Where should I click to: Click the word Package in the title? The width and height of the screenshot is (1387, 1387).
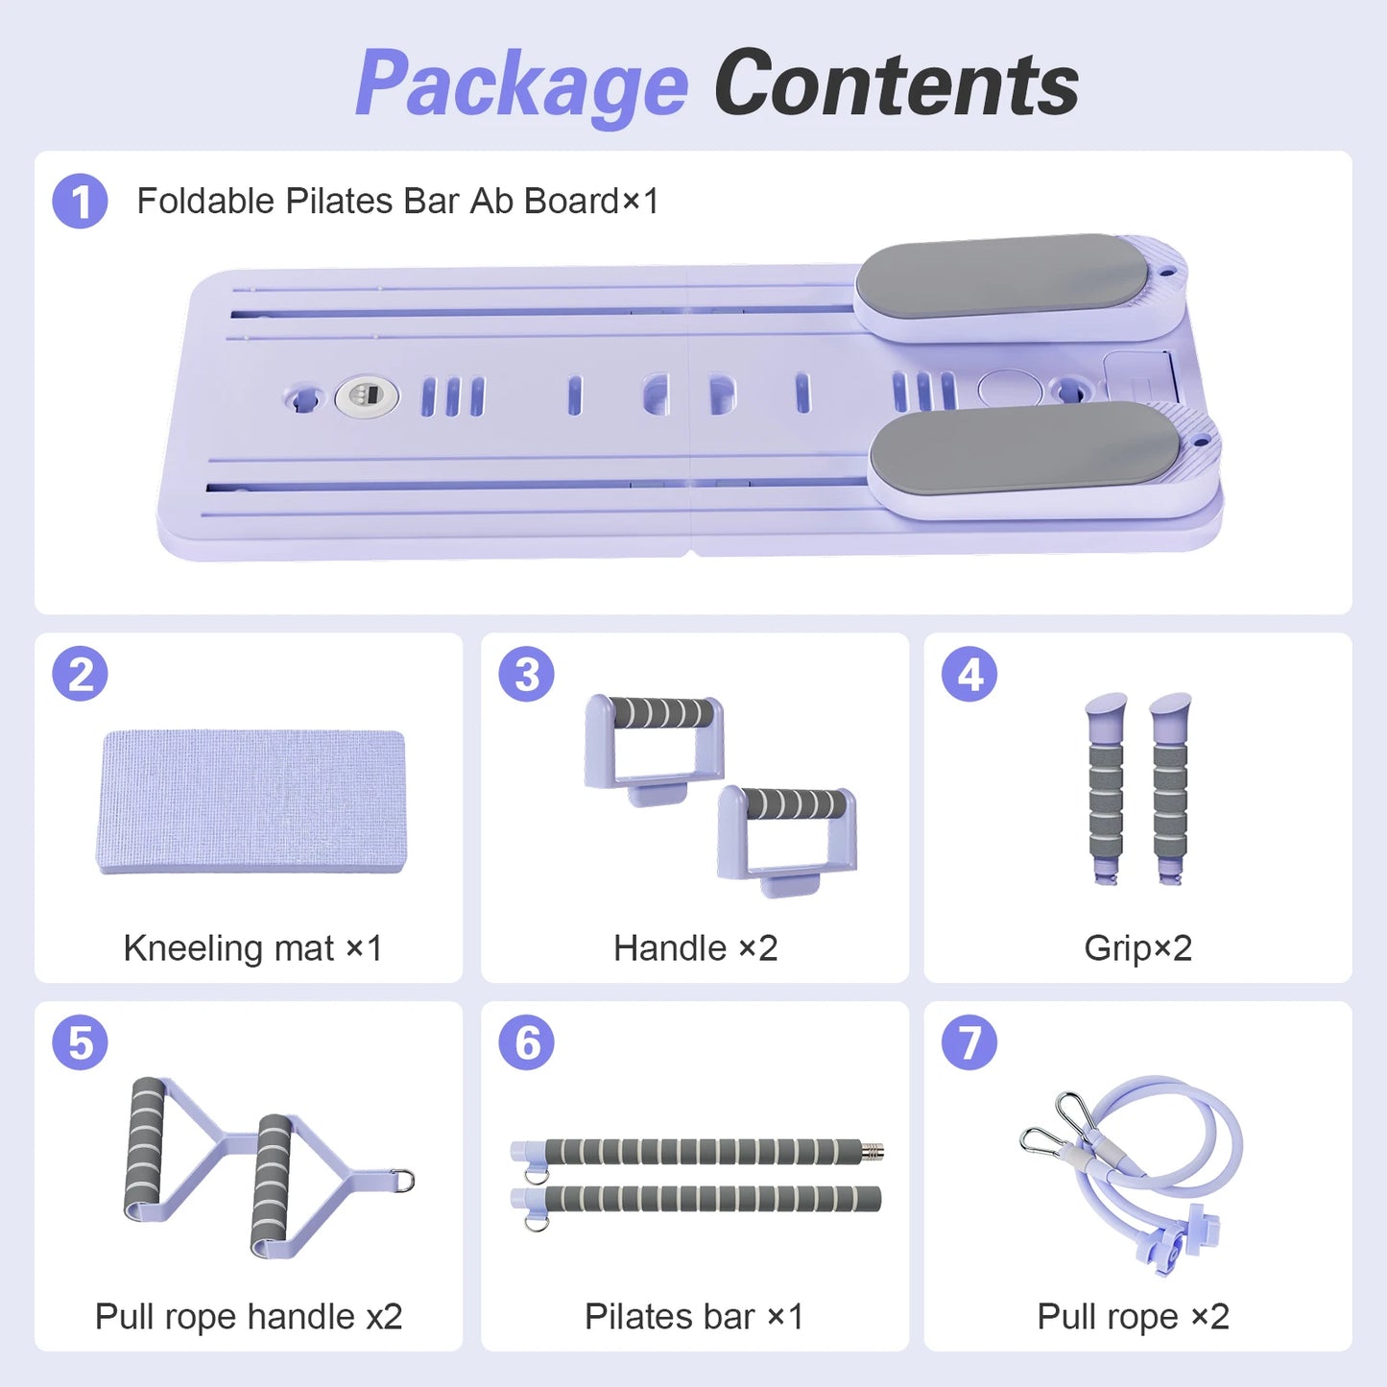[x=522, y=85]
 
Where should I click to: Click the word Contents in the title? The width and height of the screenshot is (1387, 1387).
[x=897, y=82]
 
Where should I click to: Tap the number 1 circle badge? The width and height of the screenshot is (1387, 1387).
[x=80, y=201]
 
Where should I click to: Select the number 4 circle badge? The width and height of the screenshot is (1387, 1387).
[x=969, y=674]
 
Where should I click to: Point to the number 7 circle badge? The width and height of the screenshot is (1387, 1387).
[x=969, y=1042]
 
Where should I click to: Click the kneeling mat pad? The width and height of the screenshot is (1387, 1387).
[x=251, y=801]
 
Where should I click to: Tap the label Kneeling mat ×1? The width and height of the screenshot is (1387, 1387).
[x=252, y=948]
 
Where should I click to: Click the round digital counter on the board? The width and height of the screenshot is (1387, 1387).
[x=367, y=395]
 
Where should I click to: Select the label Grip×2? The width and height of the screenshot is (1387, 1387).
[x=1138, y=948]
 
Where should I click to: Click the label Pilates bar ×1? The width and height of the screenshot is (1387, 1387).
[x=694, y=1317]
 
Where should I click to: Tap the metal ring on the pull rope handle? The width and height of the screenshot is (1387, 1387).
[x=404, y=1180]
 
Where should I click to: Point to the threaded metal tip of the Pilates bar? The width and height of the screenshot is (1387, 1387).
[x=873, y=1151]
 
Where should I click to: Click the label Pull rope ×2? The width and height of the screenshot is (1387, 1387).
[x=1133, y=1317]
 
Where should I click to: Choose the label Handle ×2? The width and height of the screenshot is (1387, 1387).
[x=695, y=948]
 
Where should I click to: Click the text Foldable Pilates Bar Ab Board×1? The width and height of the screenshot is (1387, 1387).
[x=398, y=201]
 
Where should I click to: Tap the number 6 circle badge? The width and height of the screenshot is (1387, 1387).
[x=526, y=1042]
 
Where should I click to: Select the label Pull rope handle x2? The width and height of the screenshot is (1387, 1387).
[x=249, y=1317]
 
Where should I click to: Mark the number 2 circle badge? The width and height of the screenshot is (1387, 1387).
[x=80, y=674]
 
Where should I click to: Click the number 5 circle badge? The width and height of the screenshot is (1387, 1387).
[x=80, y=1042]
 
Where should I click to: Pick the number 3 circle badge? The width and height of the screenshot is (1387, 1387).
[x=526, y=674]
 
